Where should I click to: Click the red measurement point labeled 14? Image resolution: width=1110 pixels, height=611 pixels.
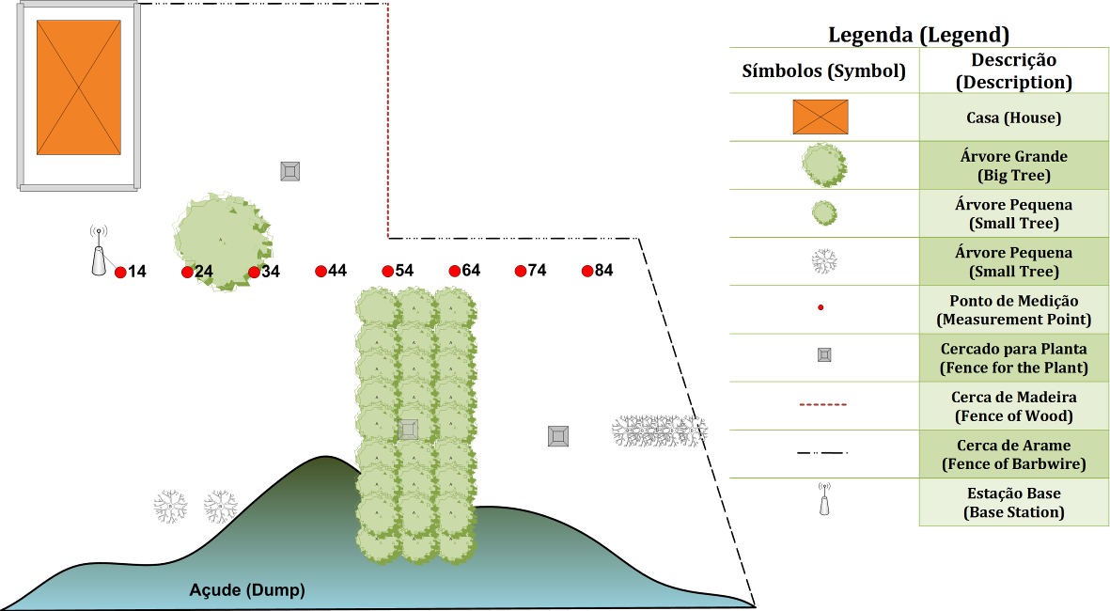click(120, 273)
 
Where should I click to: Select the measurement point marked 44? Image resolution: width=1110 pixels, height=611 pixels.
click(320, 272)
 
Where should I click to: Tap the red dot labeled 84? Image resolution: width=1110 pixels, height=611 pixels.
click(587, 272)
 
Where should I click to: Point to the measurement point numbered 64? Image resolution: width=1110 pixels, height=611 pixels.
click(454, 272)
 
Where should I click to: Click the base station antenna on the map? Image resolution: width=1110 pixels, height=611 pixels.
click(98, 254)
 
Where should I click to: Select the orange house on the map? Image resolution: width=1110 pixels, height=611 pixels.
click(79, 87)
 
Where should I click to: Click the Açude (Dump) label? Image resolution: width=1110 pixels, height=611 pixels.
click(247, 590)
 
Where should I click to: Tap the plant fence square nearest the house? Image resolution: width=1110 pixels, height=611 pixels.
click(290, 171)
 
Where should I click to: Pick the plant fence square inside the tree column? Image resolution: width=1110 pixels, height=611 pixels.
click(408, 430)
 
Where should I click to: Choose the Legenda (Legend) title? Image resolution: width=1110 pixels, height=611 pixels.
click(918, 36)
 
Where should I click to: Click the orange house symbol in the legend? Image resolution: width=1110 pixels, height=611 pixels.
click(821, 117)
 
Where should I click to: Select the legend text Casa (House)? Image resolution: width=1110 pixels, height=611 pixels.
click(1013, 118)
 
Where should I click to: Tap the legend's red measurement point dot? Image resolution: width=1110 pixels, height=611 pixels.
click(821, 307)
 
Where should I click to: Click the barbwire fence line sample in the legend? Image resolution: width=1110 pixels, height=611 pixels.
click(822, 453)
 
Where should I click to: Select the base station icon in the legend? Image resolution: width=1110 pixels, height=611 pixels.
click(823, 500)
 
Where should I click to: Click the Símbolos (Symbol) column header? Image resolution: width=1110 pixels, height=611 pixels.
click(823, 70)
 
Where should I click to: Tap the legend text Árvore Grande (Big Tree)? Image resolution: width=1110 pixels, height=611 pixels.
click(1013, 165)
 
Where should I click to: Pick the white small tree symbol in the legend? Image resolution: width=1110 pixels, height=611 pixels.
click(823, 261)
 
